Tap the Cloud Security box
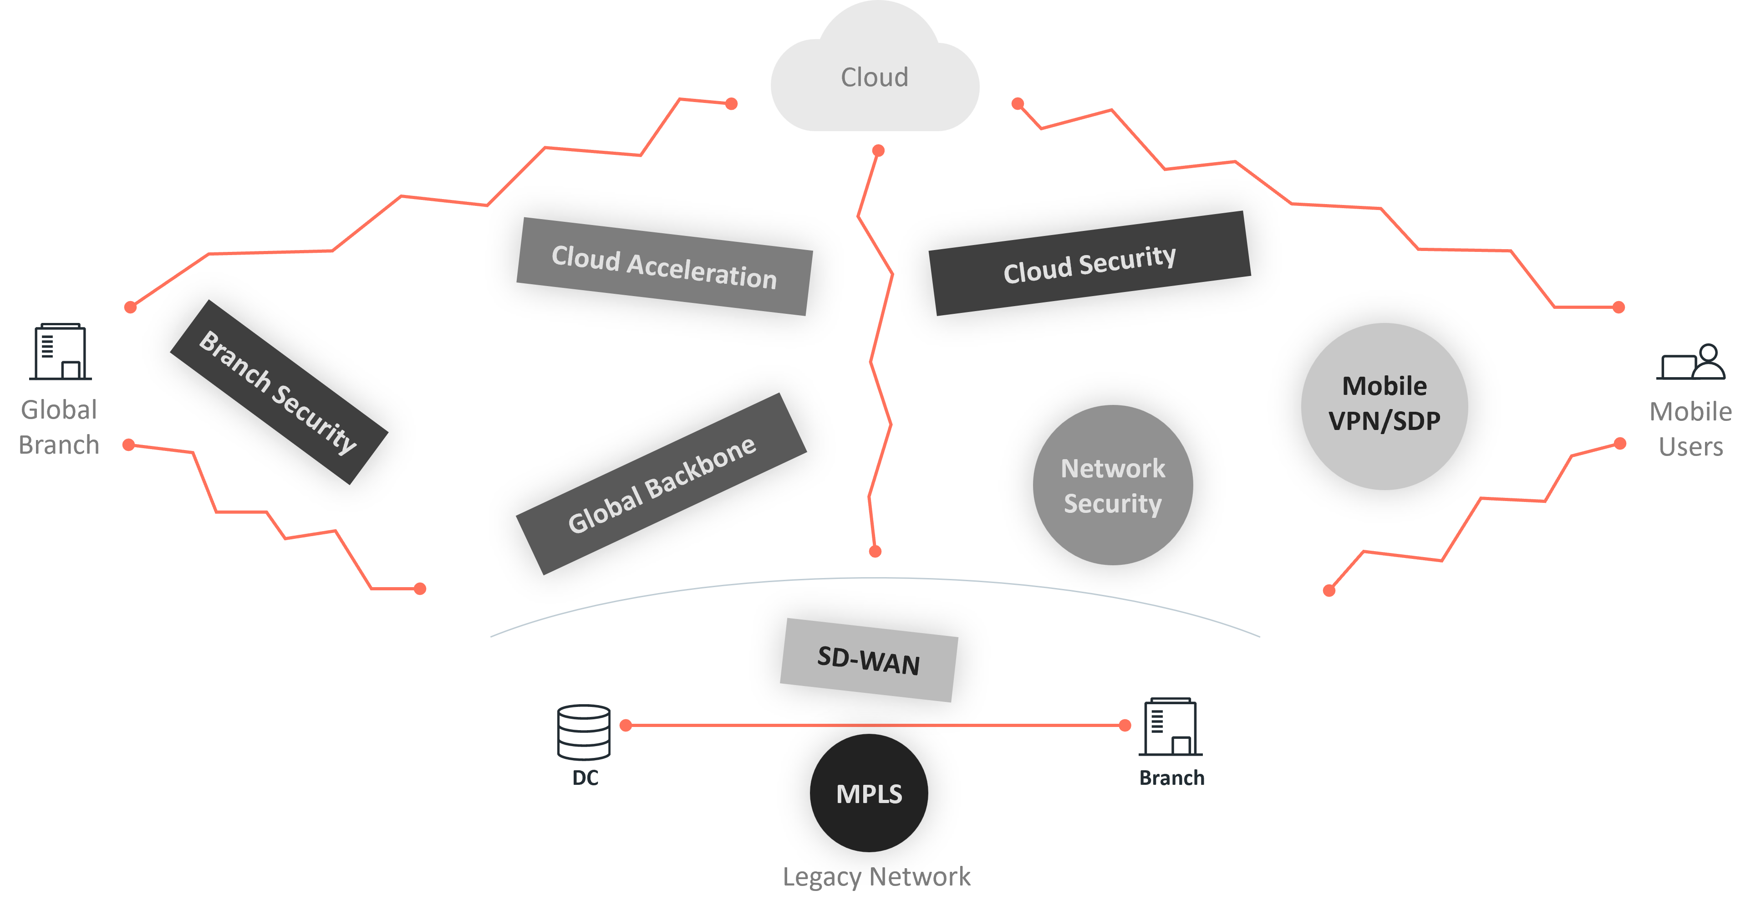(x=1089, y=263)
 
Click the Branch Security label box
(x=279, y=392)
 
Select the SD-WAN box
(x=869, y=660)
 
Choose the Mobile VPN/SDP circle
(x=1384, y=406)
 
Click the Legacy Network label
(x=876, y=876)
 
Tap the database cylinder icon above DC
(x=584, y=732)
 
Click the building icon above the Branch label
(x=1171, y=727)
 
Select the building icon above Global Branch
(x=61, y=352)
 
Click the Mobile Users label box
(x=1690, y=429)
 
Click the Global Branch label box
(x=59, y=427)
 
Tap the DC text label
(x=585, y=778)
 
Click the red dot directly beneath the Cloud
(x=878, y=150)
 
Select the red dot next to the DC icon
(x=626, y=726)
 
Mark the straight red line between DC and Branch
(x=875, y=726)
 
